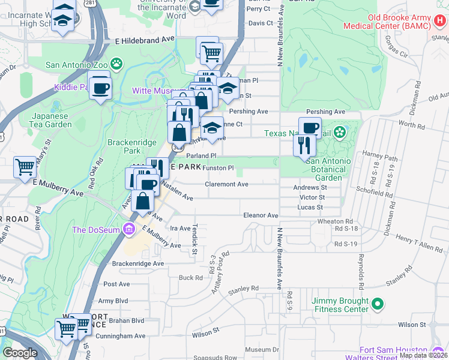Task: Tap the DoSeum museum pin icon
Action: pos(127,229)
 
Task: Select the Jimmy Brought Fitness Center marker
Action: pos(377,305)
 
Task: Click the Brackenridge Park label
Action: pos(127,146)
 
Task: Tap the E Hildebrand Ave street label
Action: pos(145,38)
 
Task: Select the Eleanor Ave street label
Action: pos(261,215)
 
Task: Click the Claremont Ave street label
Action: pos(226,184)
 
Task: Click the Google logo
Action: pos(20,353)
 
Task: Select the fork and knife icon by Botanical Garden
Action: pos(303,145)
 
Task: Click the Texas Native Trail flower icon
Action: pos(340,131)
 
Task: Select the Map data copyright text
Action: pos(424,355)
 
